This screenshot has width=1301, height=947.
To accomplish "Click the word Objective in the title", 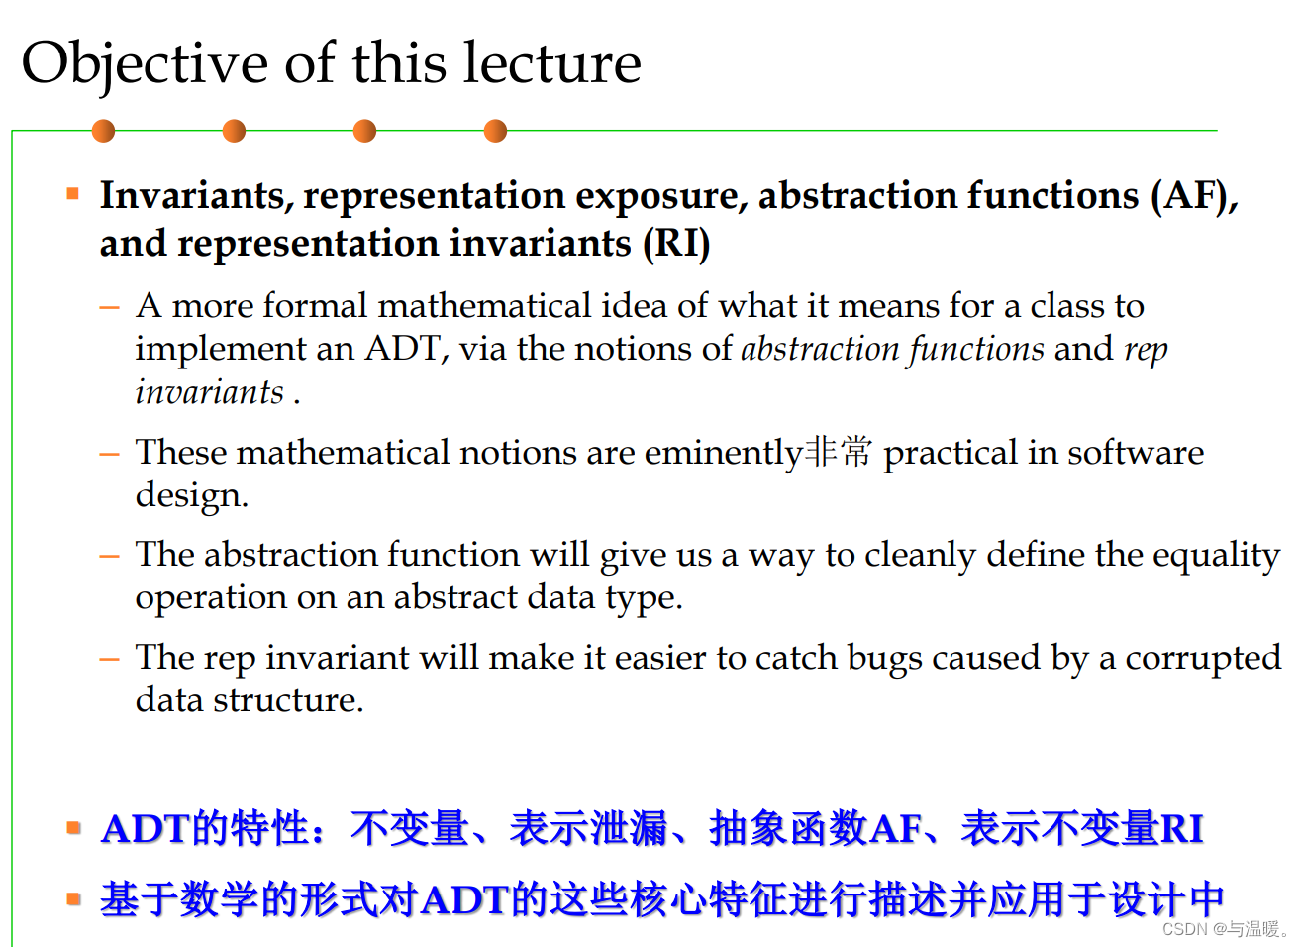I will pos(145,64).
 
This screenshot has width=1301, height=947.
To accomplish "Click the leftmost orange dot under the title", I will pos(103,131).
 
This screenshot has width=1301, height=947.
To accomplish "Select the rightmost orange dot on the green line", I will pos(495,131).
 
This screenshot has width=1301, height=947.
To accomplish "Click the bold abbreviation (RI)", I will pos(676,244).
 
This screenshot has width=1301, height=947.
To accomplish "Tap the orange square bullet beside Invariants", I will pos(72,193).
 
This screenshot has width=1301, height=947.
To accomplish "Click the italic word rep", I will pos(1146,349).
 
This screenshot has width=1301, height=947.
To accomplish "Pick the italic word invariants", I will pos(210,392).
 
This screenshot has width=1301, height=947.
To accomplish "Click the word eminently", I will pos(723,453).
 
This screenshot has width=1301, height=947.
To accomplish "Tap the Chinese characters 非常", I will pos(839,452).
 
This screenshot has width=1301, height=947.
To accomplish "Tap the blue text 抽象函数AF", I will pos(816,828).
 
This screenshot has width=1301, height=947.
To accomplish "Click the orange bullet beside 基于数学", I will pos(72,899).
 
